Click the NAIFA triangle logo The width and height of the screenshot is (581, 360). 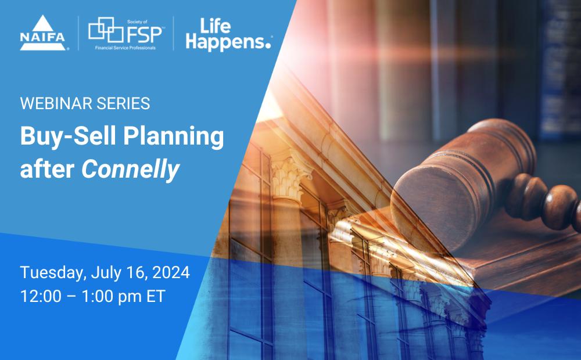tap(44, 33)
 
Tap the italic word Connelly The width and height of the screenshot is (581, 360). tap(130, 168)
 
